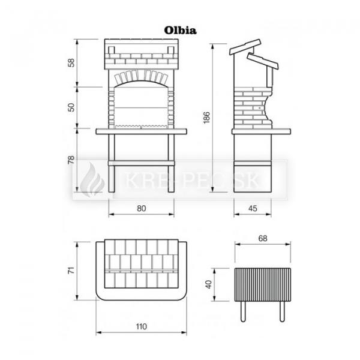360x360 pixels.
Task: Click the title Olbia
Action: [x=180, y=31]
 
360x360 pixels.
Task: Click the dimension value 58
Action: [x=72, y=62]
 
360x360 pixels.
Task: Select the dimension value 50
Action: [x=71, y=107]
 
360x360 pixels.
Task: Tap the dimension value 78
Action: [x=71, y=160]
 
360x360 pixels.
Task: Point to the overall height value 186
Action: [x=207, y=118]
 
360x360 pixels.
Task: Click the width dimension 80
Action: [x=142, y=208]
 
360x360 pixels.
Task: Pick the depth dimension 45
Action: [x=253, y=208]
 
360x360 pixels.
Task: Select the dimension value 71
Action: [x=71, y=270]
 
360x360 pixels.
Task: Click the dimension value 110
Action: [x=141, y=326]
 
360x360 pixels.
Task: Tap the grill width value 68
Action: [x=263, y=239]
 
